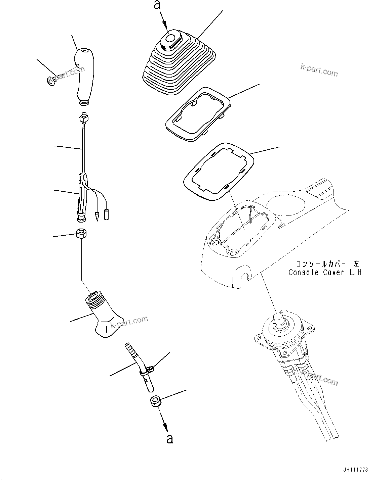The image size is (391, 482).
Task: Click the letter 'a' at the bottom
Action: [170, 438]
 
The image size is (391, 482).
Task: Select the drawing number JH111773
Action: [357, 470]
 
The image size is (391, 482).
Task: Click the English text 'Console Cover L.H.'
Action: [325, 272]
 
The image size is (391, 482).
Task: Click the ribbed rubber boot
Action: [179, 67]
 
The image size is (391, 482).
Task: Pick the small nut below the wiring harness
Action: [81, 233]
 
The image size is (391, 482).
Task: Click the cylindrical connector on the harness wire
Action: [107, 214]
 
